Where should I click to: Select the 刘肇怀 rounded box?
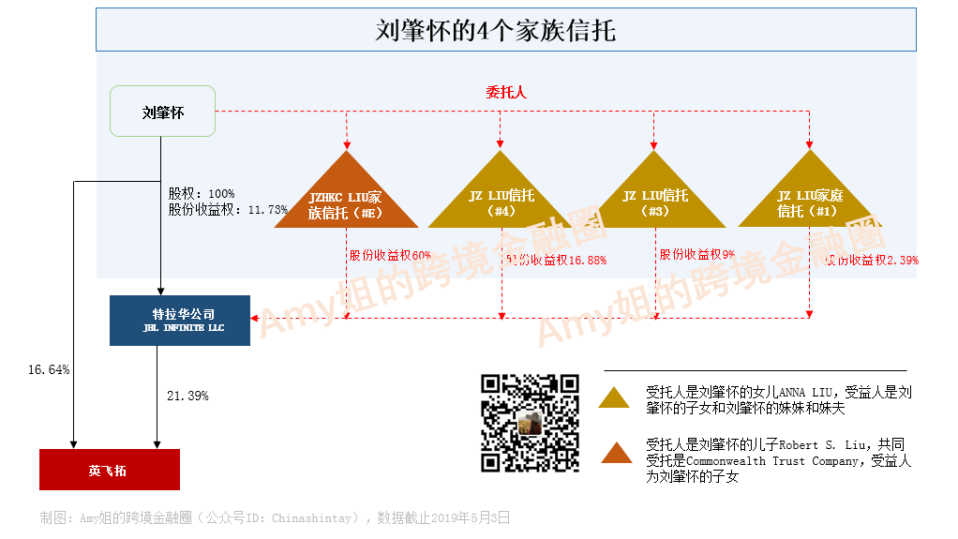coord(163,112)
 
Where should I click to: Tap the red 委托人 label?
coord(506,92)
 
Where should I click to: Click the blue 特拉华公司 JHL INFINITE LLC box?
coord(180,321)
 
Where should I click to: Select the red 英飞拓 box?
coord(109,470)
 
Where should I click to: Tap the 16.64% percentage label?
coord(49,370)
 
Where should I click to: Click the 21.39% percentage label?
coord(187,397)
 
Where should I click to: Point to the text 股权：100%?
coord(202,194)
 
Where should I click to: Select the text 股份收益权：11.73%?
coord(228,210)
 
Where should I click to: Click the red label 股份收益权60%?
coord(390,255)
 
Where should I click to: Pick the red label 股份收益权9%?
coord(696,254)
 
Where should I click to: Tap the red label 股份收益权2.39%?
coord(872,261)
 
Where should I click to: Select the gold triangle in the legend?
coord(616,397)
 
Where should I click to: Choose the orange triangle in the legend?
coord(616,452)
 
